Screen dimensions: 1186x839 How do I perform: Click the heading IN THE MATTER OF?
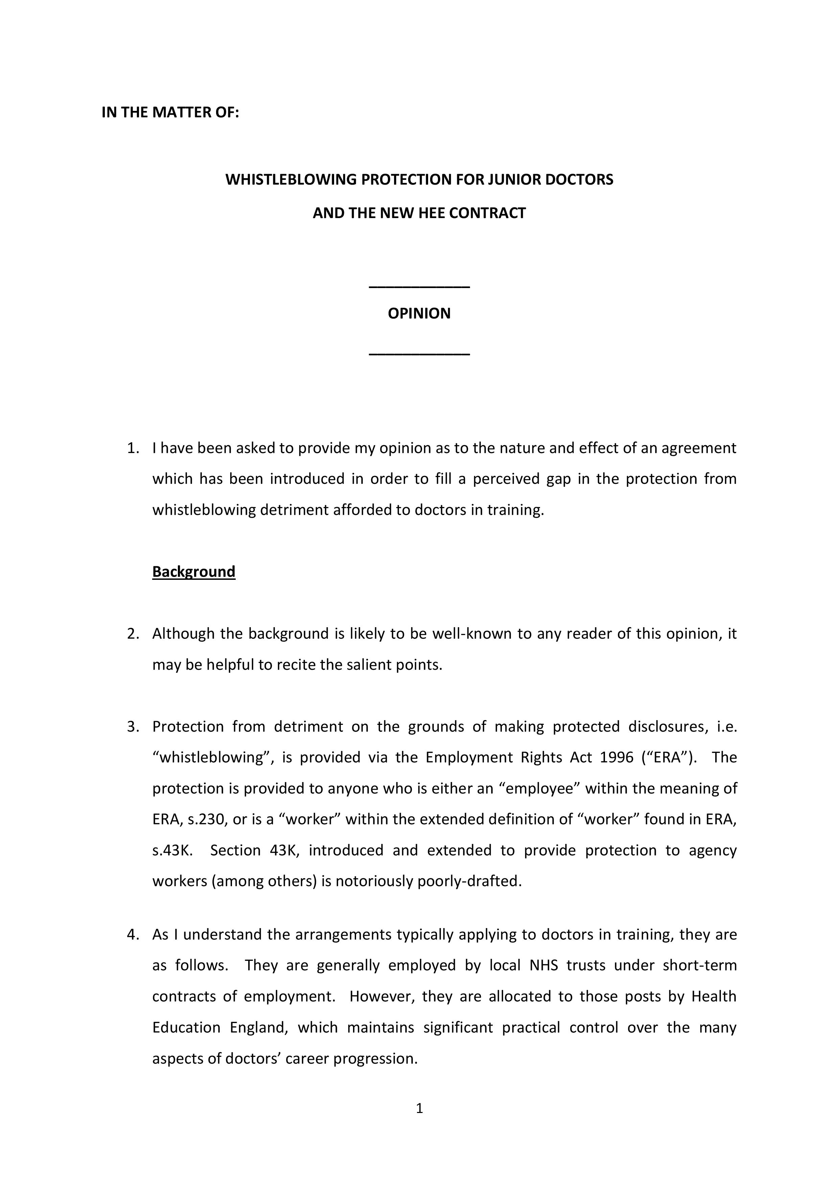(170, 112)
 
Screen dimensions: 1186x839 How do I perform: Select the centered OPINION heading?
(419, 313)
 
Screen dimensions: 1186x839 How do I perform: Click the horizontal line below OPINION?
(419, 354)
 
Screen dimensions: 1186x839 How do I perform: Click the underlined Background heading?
(194, 571)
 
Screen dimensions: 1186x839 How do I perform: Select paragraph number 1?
(133, 448)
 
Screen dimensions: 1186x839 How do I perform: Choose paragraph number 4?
(133, 934)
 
